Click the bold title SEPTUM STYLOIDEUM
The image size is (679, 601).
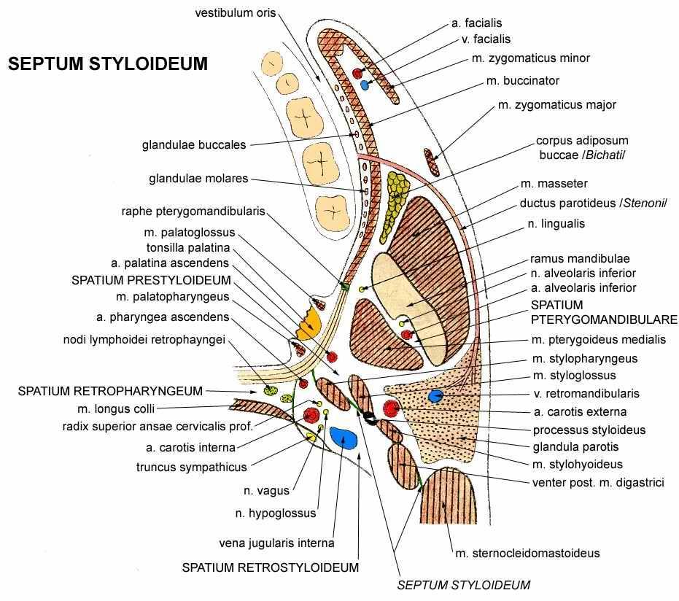108,63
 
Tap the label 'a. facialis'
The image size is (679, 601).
476,23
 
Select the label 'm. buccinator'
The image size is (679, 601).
523,80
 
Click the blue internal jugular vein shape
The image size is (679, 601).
344,438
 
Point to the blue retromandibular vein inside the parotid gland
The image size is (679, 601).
435,396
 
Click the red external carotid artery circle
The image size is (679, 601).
391,408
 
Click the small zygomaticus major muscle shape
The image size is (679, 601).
431,163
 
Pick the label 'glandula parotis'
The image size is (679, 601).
575,446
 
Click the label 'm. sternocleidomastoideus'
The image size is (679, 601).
527,553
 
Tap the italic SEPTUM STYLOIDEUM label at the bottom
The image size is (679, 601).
464,585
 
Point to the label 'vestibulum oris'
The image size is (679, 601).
235,13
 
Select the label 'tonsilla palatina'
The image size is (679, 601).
188,248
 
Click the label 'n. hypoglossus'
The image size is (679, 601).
276,513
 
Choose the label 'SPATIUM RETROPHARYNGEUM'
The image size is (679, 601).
110,391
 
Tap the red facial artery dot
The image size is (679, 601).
357,74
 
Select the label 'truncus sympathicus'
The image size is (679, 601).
191,468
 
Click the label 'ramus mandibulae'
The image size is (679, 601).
580,258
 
